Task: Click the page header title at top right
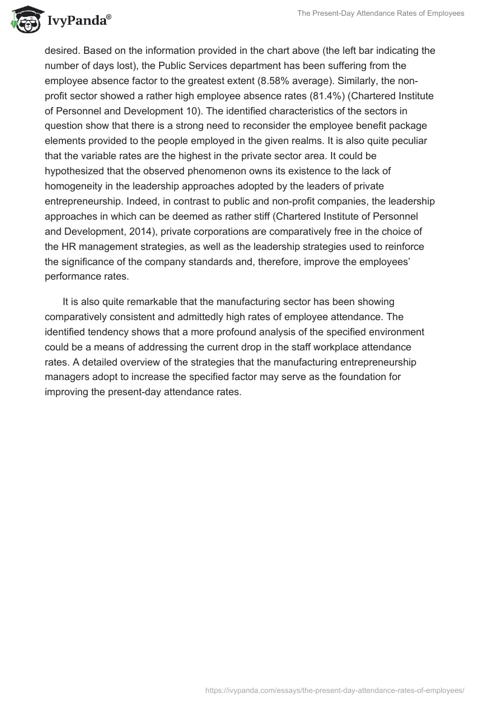(x=381, y=13)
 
